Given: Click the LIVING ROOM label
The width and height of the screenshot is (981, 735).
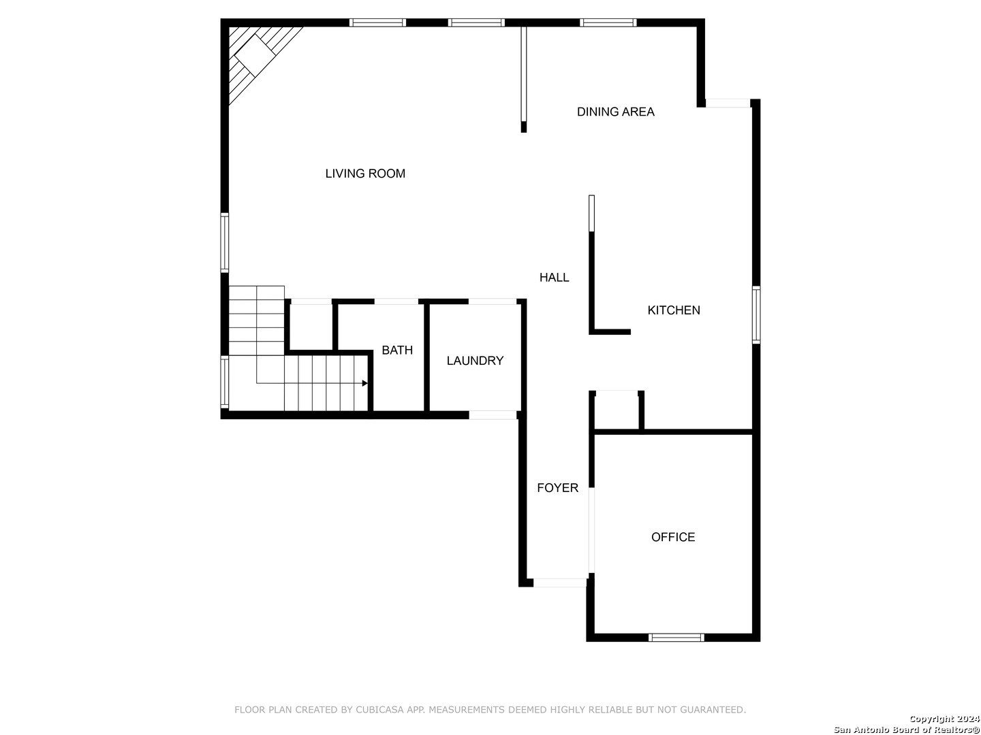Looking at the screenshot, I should [365, 174].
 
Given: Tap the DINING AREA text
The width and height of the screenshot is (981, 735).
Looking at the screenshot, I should [615, 112].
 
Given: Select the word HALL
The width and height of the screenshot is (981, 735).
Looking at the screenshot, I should [554, 277].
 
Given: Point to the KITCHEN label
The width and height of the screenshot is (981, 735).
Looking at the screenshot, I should [673, 310].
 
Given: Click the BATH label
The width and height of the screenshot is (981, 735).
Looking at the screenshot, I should [397, 350].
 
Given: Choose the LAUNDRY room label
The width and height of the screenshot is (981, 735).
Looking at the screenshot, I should [475, 361].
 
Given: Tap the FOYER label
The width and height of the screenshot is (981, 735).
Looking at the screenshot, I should [557, 488].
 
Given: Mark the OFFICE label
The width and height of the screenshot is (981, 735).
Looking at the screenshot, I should [673, 537].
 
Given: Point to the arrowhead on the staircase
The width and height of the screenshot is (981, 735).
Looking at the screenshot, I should [365, 383].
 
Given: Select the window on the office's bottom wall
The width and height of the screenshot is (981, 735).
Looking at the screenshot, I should [676, 638].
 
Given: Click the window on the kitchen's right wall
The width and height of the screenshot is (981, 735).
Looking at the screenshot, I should [756, 314].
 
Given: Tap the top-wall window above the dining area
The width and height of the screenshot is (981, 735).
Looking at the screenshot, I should [608, 22].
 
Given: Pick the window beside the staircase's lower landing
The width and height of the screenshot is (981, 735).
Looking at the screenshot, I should [225, 382].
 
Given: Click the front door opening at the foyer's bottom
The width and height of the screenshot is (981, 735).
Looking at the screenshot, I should [559, 583].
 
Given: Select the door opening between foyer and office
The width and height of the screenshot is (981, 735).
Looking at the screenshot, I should [591, 530].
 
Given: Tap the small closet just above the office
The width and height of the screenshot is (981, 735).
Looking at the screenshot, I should [617, 411].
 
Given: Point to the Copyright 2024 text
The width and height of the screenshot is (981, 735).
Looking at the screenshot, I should [944, 719].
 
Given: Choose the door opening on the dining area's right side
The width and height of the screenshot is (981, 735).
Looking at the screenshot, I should [728, 103].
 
